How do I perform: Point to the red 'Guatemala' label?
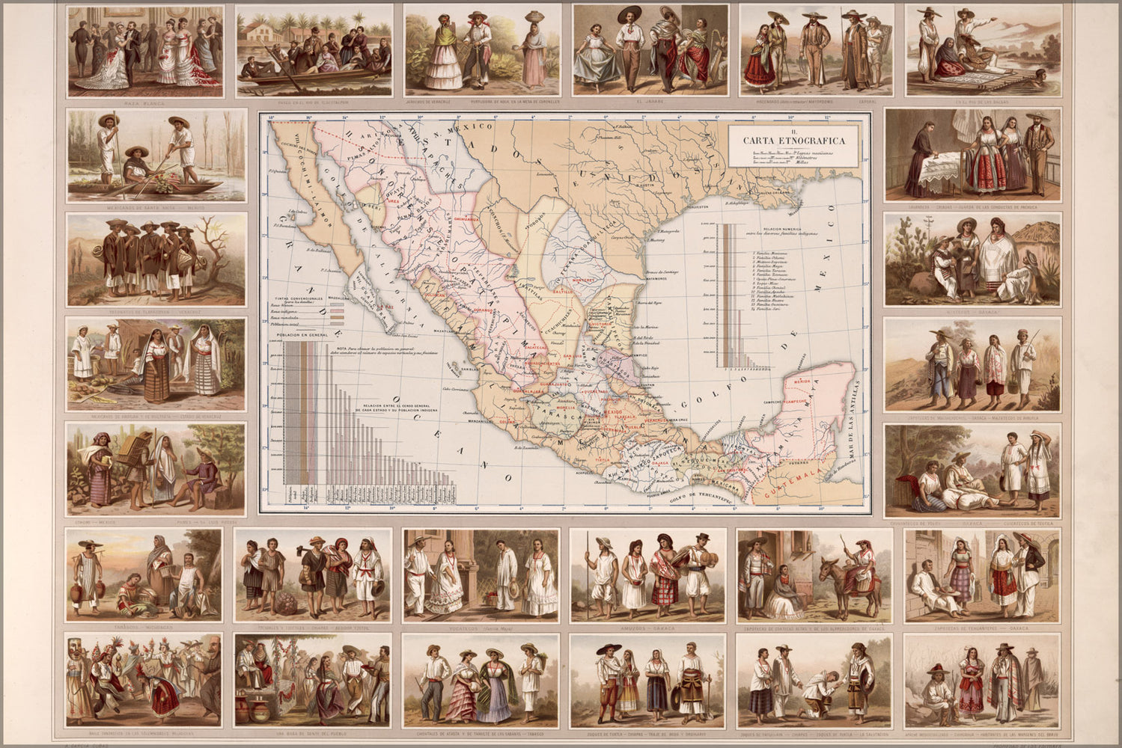(x=790, y=483)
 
